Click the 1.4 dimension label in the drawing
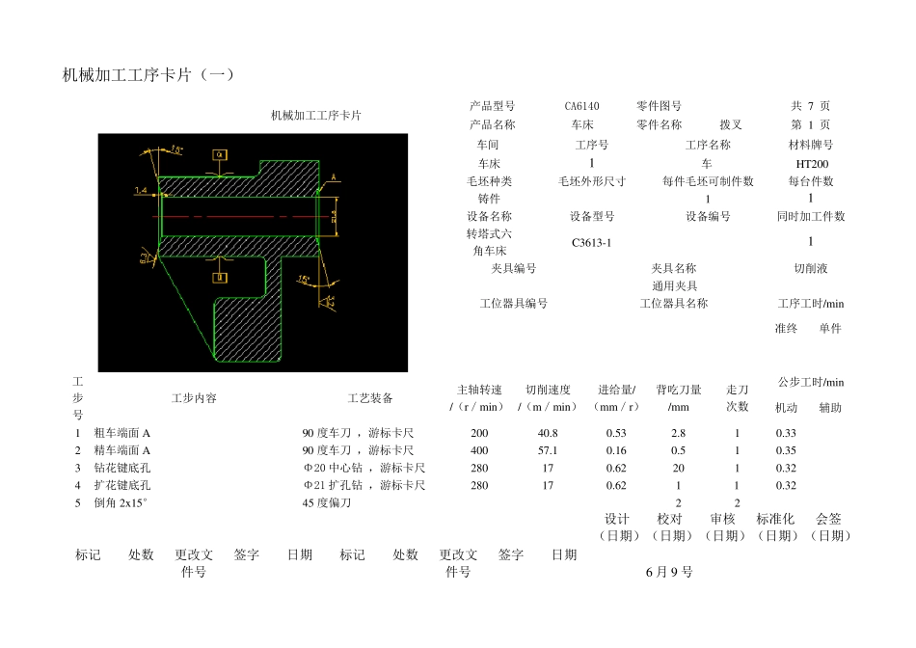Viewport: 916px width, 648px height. click(x=141, y=191)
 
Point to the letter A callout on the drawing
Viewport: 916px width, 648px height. click(x=334, y=177)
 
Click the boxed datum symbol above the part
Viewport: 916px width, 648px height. click(x=220, y=154)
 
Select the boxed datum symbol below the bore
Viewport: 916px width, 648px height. click(x=220, y=278)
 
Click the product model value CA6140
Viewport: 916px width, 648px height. click(x=581, y=106)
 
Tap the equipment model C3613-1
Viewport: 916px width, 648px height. click(x=591, y=243)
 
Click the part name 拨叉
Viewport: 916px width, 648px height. click(x=731, y=124)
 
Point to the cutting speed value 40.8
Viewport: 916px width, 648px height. click(x=548, y=433)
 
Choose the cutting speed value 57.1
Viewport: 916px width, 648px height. click(x=548, y=450)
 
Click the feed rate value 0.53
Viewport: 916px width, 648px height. click(x=616, y=433)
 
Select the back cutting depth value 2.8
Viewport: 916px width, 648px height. click(x=679, y=433)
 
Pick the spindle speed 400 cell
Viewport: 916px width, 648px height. click(x=479, y=450)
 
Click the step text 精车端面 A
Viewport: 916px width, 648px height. click(x=121, y=450)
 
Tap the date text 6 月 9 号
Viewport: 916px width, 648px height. click(x=669, y=572)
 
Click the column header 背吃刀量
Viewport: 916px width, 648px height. click(x=679, y=390)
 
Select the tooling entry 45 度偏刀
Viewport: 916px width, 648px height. click(x=327, y=502)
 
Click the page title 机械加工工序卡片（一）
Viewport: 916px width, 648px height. click(x=148, y=75)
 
